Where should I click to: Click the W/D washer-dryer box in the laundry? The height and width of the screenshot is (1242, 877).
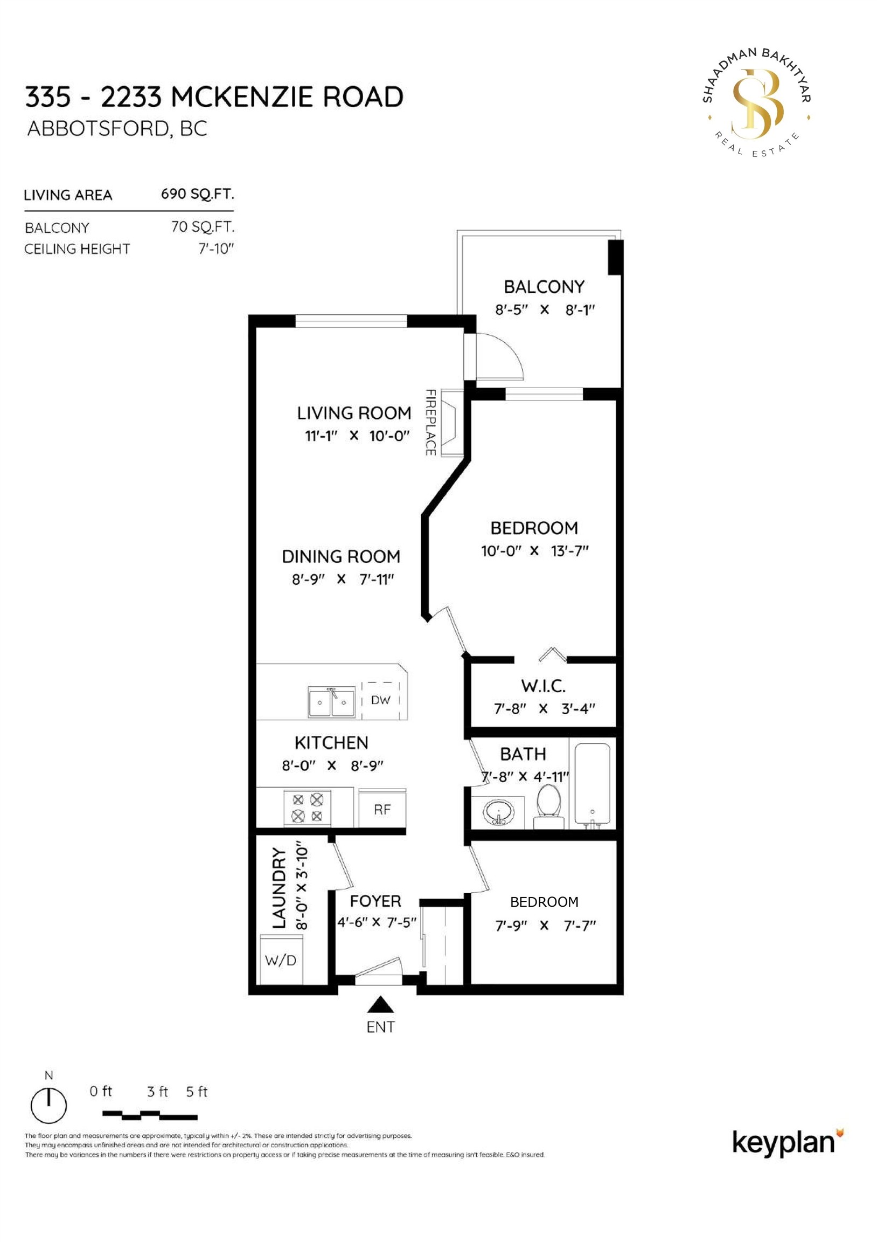[281, 960]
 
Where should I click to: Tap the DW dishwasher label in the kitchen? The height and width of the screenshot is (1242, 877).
[380, 700]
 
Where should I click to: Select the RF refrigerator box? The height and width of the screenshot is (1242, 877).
[382, 810]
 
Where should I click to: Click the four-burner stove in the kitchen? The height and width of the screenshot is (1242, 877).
[307, 808]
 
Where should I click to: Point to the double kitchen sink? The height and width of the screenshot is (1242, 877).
[331, 702]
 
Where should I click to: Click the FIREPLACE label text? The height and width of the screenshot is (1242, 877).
[431, 423]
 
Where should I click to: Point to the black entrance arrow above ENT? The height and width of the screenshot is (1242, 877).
[381, 1004]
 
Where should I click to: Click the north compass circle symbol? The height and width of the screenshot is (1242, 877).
[48, 1105]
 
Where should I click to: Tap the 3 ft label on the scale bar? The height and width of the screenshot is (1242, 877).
[157, 1092]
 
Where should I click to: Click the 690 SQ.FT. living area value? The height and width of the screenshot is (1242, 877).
[197, 194]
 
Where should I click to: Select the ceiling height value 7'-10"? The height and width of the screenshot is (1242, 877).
[215, 249]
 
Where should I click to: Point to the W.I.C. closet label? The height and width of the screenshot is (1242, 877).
[544, 686]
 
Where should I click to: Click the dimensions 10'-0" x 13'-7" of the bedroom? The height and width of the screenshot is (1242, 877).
[534, 551]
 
